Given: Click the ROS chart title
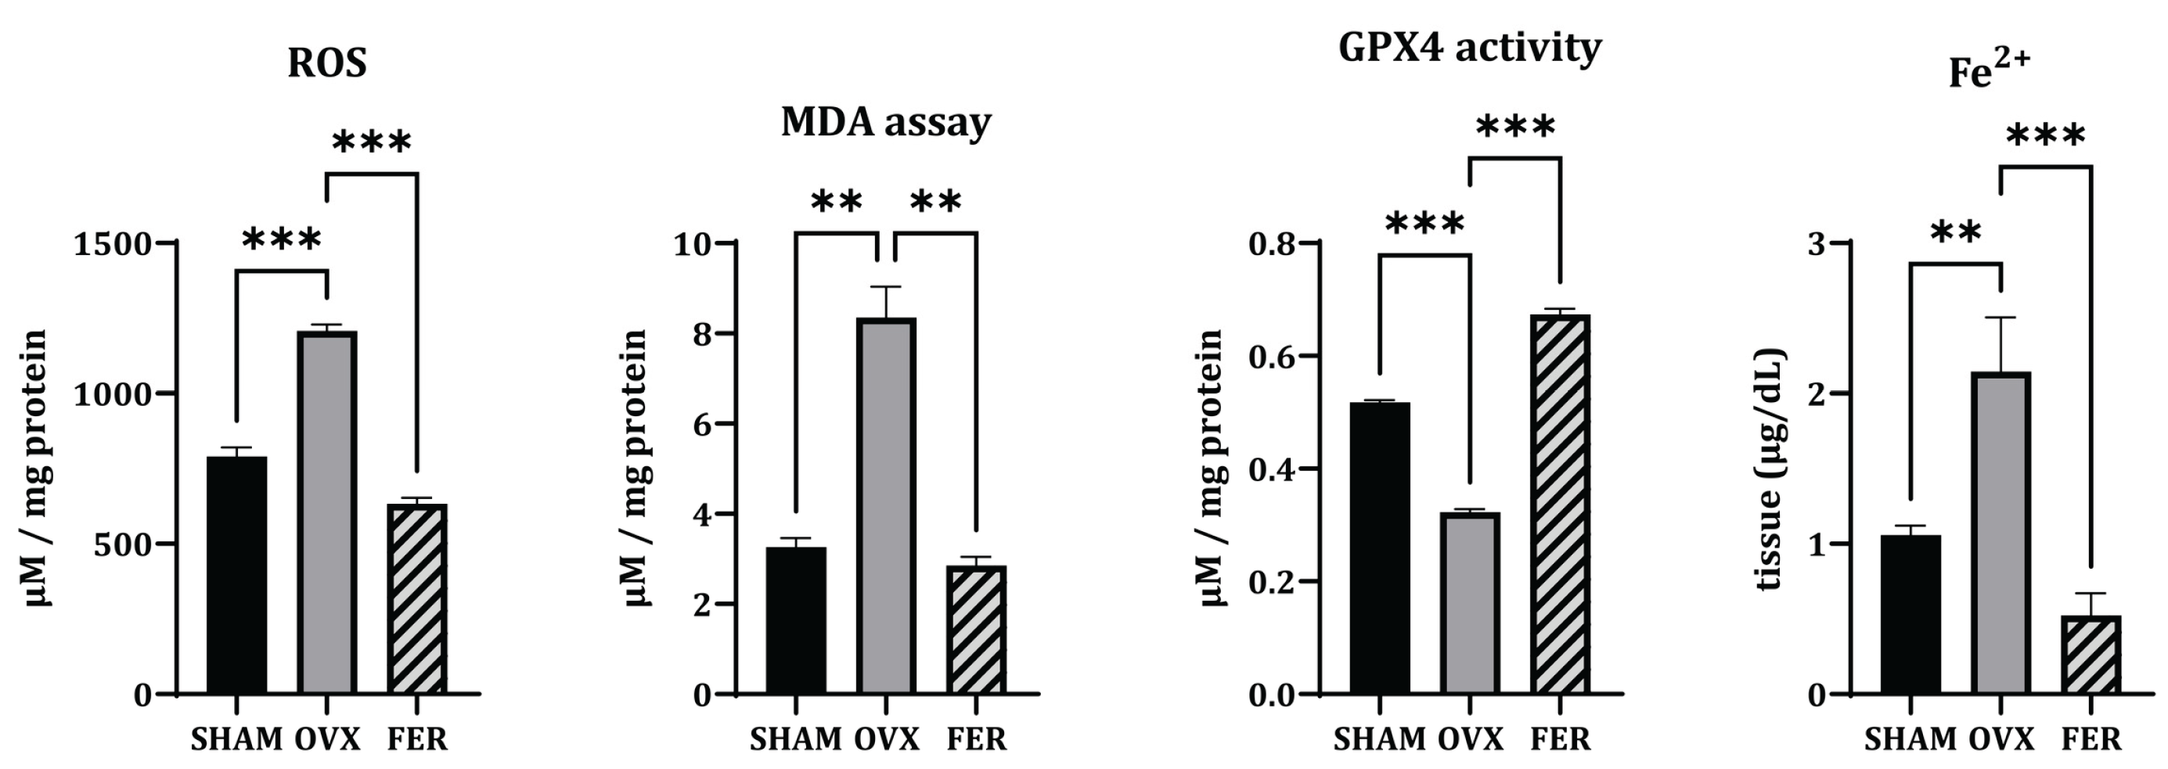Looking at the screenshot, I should pos(326,63).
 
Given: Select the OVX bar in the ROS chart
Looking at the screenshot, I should pos(326,512).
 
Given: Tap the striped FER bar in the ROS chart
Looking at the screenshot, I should pos(417,598).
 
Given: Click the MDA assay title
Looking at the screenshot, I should pos(885,122).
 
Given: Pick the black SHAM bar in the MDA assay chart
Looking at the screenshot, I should pos(795,620).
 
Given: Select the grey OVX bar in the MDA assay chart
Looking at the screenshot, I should pos(885,505).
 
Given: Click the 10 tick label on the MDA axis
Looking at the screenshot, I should pos(692,244).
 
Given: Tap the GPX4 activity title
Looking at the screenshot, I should pos(1469,48).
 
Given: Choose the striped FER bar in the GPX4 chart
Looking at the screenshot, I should pos(1561,504).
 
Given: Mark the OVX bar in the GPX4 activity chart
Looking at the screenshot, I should pos(1469,603).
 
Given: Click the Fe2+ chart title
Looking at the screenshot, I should pos(1990,69).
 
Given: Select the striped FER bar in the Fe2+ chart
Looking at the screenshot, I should pos(2091,655).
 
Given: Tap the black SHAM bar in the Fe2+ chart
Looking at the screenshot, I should pos(1911,614).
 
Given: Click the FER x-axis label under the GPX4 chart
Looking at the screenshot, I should pos(1561,738).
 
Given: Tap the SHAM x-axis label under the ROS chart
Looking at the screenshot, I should pos(236,738).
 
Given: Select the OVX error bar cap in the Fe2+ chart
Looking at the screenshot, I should pos(2001,318).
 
